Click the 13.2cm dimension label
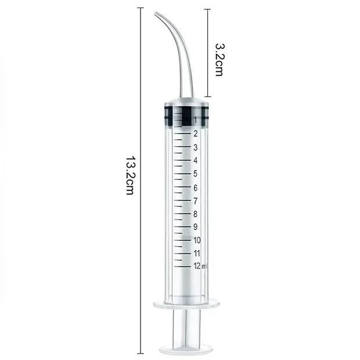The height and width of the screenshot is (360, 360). pos(131,175)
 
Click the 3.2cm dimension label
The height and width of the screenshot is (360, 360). pos(219,59)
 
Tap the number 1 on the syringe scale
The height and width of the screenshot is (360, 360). pos(195,120)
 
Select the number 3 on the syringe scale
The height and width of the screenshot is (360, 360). pos(195,147)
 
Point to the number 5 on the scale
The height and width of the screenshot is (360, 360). pos(195,174)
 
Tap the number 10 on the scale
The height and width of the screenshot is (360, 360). pos(197,240)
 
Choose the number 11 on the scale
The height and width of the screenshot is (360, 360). pos(197,253)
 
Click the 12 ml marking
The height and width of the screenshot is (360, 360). pos(201,266)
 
